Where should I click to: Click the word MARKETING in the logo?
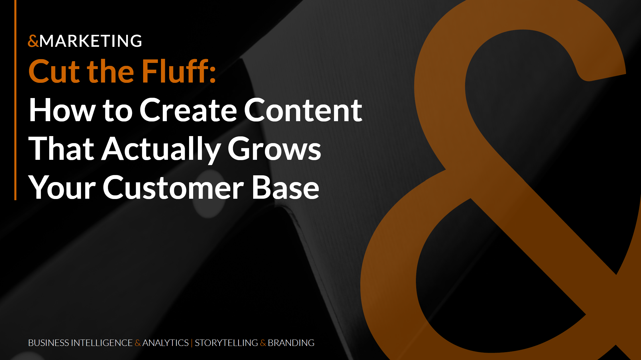(91, 41)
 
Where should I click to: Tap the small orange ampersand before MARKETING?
(33, 41)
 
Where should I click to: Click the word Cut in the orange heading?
(54, 71)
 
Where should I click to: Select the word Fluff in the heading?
(175, 71)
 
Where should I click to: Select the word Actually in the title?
(161, 149)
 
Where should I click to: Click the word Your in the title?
(62, 188)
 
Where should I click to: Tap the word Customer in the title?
(173, 188)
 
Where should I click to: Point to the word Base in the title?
(285, 188)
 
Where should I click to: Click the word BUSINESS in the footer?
(49, 343)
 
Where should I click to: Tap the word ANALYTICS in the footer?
(165, 343)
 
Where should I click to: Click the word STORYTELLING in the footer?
(226, 343)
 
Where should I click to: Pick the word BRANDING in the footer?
(291, 343)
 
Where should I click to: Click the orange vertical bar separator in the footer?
(192, 343)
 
